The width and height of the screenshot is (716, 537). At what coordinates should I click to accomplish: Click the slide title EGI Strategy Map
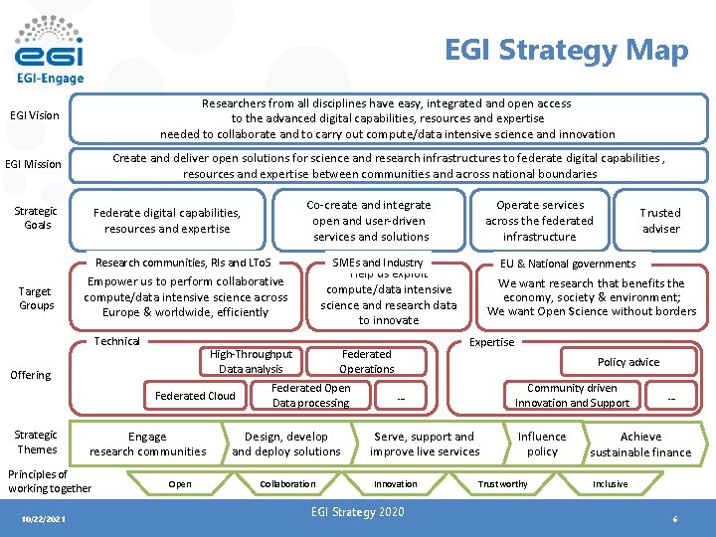[566, 50]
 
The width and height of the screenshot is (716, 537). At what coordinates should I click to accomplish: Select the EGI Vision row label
[35, 115]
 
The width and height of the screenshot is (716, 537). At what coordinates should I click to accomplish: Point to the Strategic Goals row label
[37, 218]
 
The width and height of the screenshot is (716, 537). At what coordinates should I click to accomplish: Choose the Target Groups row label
[37, 298]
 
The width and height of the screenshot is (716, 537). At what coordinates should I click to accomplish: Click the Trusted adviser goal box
[660, 221]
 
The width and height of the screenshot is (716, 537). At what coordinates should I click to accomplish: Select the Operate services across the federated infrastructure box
[539, 221]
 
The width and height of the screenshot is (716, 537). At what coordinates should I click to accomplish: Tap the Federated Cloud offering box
[195, 396]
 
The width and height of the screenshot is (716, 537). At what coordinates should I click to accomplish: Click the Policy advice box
[627, 362]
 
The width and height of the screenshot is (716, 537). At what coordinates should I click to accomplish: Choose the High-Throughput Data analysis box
[251, 361]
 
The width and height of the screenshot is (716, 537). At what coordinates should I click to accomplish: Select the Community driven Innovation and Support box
[572, 396]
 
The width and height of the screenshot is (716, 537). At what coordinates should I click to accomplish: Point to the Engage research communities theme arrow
[148, 444]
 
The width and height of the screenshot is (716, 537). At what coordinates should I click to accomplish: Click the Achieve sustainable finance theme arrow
[641, 445]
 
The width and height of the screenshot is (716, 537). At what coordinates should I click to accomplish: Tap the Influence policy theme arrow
[542, 444]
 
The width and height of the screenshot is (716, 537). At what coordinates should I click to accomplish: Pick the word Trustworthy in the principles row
[503, 484]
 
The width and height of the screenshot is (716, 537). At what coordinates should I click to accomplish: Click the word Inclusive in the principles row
[610, 484]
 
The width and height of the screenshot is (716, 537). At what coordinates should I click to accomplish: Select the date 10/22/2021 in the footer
[43, 519]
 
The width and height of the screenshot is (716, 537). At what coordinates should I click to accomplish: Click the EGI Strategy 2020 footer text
[358, 512]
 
